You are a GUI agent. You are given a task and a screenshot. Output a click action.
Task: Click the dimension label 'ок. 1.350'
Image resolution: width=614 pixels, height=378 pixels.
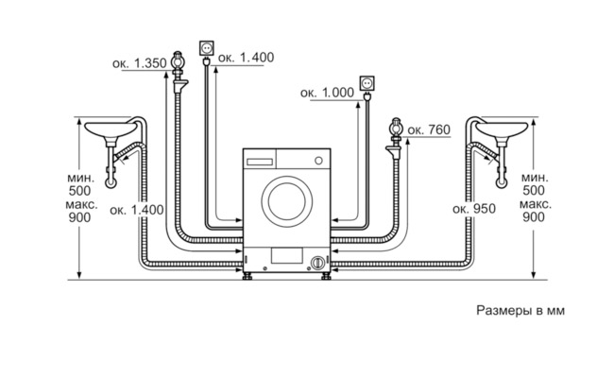(140, 63)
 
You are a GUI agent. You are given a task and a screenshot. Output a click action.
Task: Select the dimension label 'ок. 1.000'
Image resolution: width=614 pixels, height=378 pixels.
(327, 93)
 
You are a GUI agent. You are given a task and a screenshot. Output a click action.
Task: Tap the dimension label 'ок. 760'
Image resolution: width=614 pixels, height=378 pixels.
(429, 129)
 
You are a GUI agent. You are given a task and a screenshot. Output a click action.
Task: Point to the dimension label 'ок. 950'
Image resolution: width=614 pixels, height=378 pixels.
(474, 209)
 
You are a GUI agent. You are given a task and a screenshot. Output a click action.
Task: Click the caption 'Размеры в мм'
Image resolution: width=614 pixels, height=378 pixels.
(520, 311)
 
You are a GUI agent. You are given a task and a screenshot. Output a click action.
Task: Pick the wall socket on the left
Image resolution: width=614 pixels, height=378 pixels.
(207, 48)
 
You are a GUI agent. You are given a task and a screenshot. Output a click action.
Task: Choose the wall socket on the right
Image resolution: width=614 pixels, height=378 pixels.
(367, 83)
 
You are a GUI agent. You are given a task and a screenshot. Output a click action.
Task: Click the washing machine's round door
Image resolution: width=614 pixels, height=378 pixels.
(287, 201)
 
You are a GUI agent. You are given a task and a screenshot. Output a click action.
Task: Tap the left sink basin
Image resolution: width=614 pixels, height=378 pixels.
(111, 129)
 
